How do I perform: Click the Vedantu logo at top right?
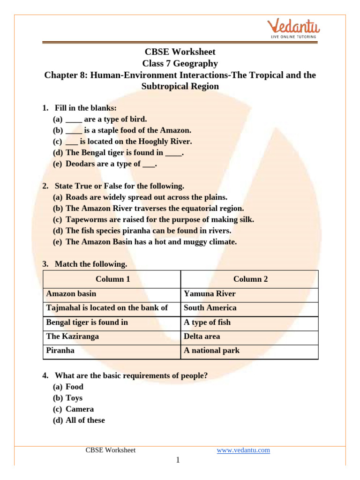click(291, 28)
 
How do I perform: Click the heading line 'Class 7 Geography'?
click(180, 63)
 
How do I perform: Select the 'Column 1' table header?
click(112, 279)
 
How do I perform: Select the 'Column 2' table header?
click(250, 279)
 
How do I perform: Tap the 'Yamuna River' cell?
click(210, 294)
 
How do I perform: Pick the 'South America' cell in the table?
click(210, 308)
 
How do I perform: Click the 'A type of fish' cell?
click(207, 322)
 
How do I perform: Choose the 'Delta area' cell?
click(202, 337)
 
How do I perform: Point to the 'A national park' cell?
click(211, 351)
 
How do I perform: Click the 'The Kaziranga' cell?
click(73, 337)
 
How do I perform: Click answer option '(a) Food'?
click(68, 387)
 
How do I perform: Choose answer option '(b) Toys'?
click(68, 398)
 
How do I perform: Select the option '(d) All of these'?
click(79, 420)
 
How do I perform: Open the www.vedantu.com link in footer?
click(243, 450)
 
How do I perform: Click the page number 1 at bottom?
click(178, 461)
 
